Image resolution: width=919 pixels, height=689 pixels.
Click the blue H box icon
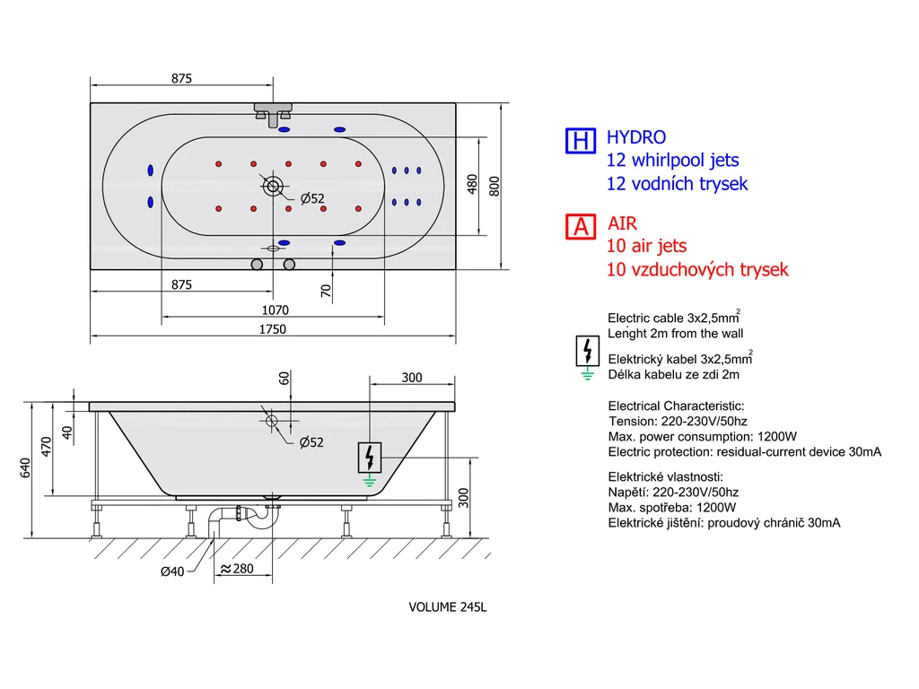(581, 141)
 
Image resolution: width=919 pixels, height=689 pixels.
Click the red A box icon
(581, 227)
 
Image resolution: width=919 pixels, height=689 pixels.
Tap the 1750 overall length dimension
(273, 329)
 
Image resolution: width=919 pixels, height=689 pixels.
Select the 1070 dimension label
(275, 310)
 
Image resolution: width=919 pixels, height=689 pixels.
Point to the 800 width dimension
(495, 187)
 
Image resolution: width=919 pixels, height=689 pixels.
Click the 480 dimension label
(472, 185)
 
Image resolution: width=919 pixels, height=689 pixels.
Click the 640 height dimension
(25, 468)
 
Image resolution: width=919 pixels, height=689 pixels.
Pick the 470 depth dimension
(47, 447)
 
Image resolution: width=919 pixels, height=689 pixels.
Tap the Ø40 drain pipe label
(172, 571)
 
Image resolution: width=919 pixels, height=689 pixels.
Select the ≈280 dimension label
(237, 568)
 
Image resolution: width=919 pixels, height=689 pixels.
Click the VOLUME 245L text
(448, 607)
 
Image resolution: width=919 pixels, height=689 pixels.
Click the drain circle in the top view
(273, 187)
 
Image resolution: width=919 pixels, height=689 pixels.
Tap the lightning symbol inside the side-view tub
(369, 458)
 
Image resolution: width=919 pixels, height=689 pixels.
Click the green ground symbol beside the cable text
(587, 374)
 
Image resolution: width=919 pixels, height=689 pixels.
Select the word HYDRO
(636, 137)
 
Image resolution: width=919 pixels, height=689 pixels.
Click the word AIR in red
(623, 223)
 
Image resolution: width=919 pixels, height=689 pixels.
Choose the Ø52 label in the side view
(311, 442)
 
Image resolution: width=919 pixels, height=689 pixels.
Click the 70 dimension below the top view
(326, 291)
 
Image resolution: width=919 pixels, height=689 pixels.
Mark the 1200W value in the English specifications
(777, 437)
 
